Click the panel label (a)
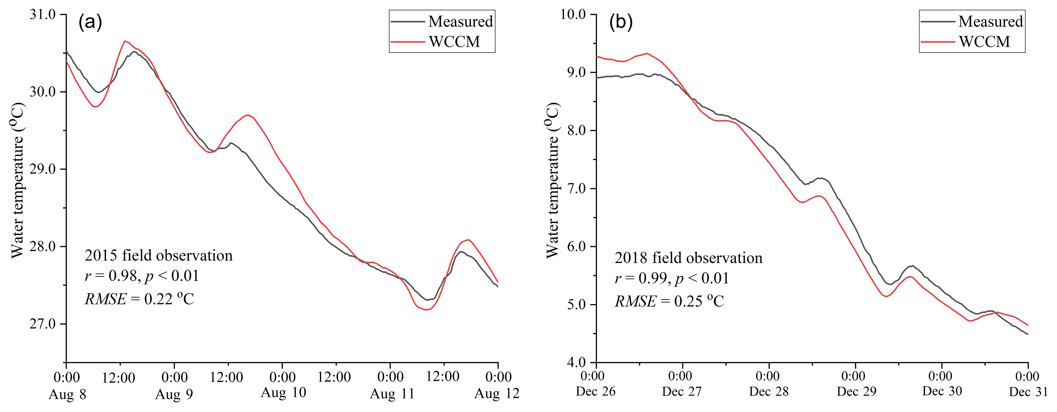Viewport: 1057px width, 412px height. [x=90, y=22]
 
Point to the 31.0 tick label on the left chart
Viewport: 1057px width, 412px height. [x=42, y=14]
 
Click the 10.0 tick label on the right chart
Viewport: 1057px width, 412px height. [x=573, y=14]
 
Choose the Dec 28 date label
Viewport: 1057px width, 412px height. [x=768, y=391]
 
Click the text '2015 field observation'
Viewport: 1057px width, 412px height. [x=158, y=255]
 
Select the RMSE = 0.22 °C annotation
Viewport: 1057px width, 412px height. [x=139, y=299]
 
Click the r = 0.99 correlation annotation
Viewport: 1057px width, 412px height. [x=672, y=279]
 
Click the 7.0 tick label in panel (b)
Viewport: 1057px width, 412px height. [x=576, y=189]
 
